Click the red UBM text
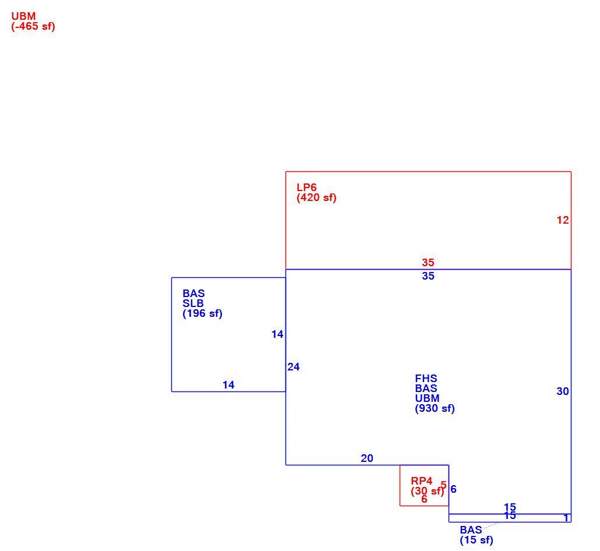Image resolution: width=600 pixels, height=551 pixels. pyautogui.click(x=23, y=16)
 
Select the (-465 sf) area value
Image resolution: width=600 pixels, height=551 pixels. pyautogui.click(x=33, y=26)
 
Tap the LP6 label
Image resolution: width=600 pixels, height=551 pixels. pyautogui.click(x=306, y=187)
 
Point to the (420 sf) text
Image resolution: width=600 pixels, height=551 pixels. pyautogui.click(x=316, y=197)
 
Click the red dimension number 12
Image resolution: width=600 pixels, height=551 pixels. pyautogui.click(x=563, y=220)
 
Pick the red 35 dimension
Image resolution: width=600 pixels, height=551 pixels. pyautogui.click(x=428, y=262)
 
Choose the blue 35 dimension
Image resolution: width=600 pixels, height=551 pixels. pyautogui.click(x=428, y=276)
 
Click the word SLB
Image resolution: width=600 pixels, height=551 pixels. pyautogui.click(x=193, y=303)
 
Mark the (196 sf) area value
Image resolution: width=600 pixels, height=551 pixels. pyautogui.click(x=202, y=313)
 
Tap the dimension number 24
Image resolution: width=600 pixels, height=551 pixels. pyautogui.click(x=294, y=367)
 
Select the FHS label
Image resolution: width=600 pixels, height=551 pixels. pyautogui.click(x=426, y=379)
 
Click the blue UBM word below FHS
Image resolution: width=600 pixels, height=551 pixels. pyautogui.click(x=427, y=398)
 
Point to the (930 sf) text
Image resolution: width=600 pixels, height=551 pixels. pyautogui.click(x=435, y=408)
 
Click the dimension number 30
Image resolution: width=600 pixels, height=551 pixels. pyautogui.click(x=563, y=391)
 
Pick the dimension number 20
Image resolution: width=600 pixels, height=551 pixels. pyautogui.click(x=366, y=458)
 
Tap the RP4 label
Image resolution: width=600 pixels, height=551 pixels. pyautogui.click(x=421, y=481)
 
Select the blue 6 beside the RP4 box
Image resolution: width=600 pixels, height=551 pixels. pyautogui.click(x=453, y=489)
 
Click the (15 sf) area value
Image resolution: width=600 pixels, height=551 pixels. pyautogui.click(x=477, y=540)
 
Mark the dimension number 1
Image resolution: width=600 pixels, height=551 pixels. pyautogui.click(x=566, y=518)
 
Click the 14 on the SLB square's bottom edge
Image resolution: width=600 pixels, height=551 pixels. pyautogui.click(x=228, y=385)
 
